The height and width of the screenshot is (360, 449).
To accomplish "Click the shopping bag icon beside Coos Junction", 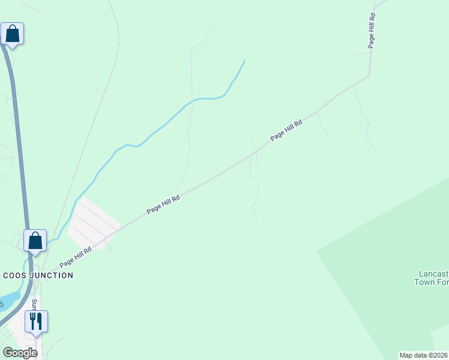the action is tap(35, 241).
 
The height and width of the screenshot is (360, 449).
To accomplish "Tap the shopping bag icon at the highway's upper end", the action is tap(13, 34).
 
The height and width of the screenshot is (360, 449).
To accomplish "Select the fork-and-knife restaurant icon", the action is tap(36, 322).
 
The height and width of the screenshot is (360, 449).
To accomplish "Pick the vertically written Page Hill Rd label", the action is tap(372, 31).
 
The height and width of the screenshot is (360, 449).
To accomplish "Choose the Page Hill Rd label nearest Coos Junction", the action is tap(76, 257).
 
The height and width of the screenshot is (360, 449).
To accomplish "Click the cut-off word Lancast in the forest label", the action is tap(432, 274).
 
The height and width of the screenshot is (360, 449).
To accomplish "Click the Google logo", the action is tap(20, 353).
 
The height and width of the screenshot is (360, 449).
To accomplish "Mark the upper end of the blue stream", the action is tap(244, 61).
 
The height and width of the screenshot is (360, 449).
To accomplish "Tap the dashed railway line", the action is tap(96, 114).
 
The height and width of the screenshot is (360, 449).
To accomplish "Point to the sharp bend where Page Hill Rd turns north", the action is tap(369, 76).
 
